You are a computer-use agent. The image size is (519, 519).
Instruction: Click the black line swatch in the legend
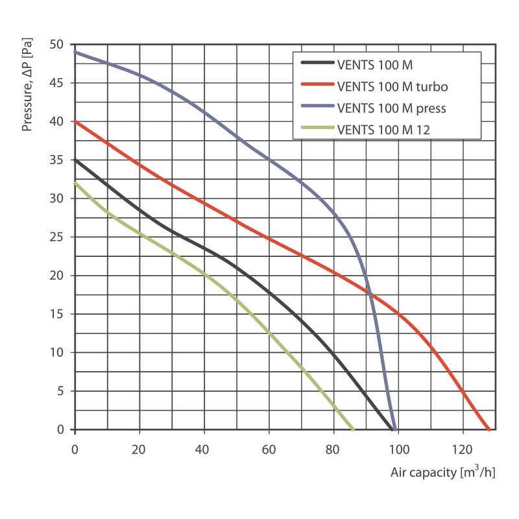coord(318,64)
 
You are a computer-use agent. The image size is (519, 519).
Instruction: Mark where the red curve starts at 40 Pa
coord(75,121)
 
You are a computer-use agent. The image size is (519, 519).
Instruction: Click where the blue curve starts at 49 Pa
coord(75,52)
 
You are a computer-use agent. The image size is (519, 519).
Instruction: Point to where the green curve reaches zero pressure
coord(353,429)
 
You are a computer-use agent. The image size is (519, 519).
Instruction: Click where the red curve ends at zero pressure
coord(489,429)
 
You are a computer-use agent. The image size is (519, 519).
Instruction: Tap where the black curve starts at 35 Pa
coord(75,160)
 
